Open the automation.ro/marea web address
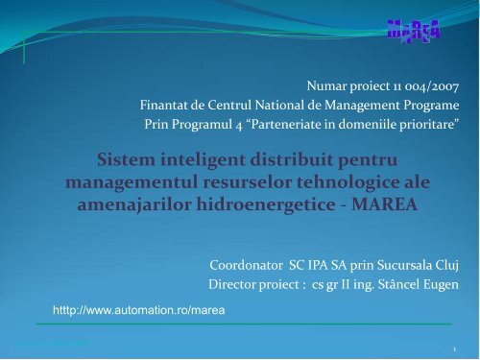139,311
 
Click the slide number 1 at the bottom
463,350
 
